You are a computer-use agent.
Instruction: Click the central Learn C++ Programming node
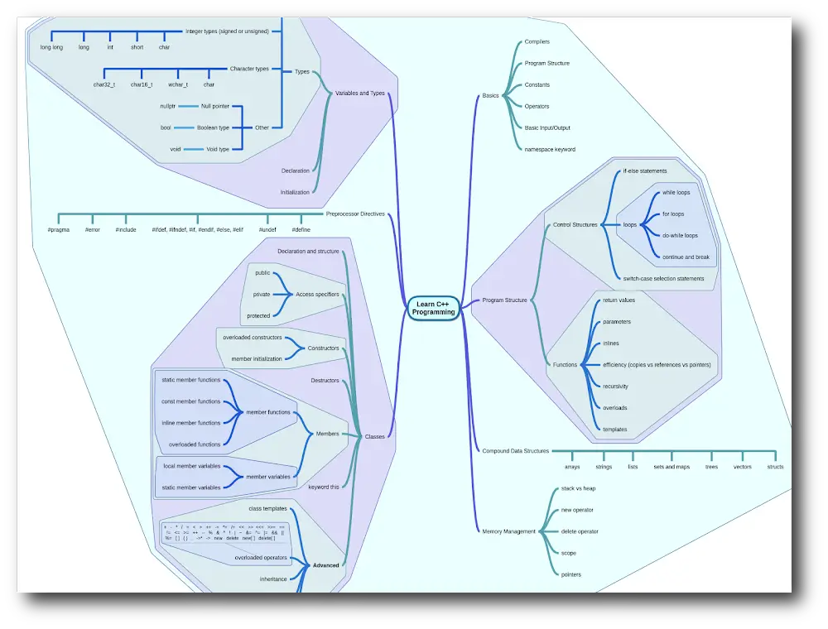tap(436, 308)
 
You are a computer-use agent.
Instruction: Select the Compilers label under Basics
tap(537, 41)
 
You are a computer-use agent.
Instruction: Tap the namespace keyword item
tap(550, 149)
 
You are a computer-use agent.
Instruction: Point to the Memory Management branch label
tap(508, 531)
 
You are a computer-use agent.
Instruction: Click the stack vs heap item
tap(578, 488)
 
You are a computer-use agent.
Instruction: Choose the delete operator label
tap(580, 531)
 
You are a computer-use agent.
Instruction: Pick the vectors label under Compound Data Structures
tap(743, 467)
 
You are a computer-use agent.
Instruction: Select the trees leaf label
tap(711, 467)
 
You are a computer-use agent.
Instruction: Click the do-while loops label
tap(680, 235)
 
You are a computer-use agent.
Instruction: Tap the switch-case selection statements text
tap(663, 278)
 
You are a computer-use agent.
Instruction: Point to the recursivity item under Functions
tap(615, 386)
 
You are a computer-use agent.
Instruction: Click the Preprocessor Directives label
tap(355, 214)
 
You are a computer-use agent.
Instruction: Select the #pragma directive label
tap(59, 229)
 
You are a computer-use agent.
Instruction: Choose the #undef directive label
tap(267, 229)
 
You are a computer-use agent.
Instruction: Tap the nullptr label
tap(168, 106)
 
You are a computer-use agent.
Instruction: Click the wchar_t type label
tap(177, 84)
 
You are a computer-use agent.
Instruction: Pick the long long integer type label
tap(51, 47)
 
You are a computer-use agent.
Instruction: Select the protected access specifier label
tap(258, 315)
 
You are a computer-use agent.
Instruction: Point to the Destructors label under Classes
tap(325, 380)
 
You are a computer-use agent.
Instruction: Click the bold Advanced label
tap(325, 565)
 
